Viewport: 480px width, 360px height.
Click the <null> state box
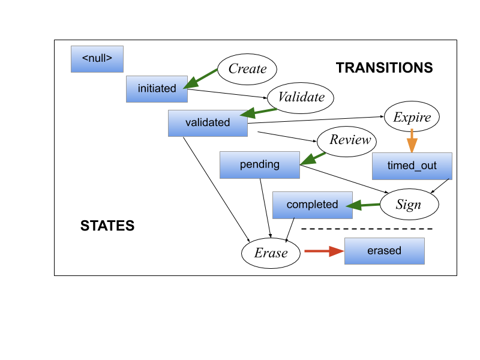97,59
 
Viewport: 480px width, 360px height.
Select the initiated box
157,89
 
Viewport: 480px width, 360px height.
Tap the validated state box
208,123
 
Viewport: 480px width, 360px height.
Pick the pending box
259,164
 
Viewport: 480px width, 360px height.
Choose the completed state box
312,205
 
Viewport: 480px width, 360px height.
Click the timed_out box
412,166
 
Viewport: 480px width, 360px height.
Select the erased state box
384,251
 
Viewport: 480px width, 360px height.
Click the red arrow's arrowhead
339,251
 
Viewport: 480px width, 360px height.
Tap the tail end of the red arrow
305,251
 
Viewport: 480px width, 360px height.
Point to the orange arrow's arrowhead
412,147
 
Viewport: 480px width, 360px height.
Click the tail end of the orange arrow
412,129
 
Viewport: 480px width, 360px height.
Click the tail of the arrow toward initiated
217,69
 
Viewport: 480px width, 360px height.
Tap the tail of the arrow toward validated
277,109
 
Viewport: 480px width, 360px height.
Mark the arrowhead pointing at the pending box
305,161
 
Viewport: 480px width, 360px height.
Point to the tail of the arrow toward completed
380,204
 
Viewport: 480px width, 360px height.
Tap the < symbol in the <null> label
85,59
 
